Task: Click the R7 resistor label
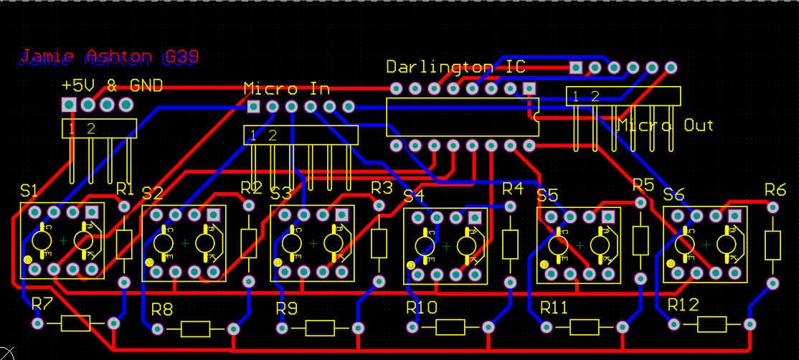[x=42, y=303]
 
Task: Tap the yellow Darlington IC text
[x=455, y=67]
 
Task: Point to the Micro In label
[x=286, y=89]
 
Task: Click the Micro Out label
[x=666, y=125]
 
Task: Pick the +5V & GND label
[x=112, y=85]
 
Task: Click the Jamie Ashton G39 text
[x=108, y=57]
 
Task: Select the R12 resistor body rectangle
[x=712, y=324]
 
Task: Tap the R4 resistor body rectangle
[x=510, y=245]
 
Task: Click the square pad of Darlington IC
[x=529, y=88]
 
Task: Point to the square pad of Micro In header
[x=253, y=107]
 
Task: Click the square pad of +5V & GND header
[x=69, y=105]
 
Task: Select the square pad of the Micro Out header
[x=575, y=67]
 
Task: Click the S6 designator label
[x=673, y=194]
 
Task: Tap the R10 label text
[x=421, y=308]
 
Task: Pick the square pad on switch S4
[x=475, y=217]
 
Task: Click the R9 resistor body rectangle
[x=321, y=328]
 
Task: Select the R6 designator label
[x=775, y=189]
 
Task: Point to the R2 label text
[x=251, y=188]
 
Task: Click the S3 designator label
[x=280, y=193]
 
